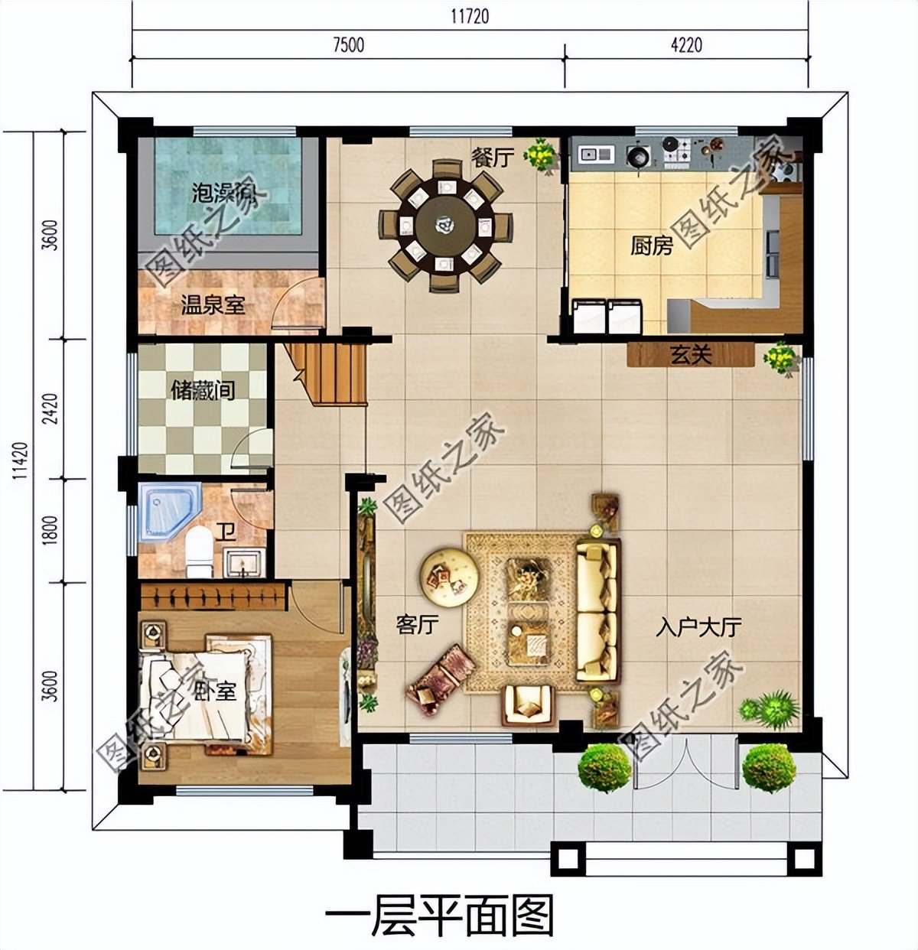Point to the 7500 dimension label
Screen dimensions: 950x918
[348, 44]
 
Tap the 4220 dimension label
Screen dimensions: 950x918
[685, 44]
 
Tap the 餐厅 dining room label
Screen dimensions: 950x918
[491, 158]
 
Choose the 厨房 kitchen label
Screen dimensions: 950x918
[651, 246]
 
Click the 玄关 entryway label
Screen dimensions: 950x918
[691, 355]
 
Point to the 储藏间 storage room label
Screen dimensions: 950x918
[203, 392]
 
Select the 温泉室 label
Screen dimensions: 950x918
[213, 306]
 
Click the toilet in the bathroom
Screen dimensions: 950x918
[199, 551]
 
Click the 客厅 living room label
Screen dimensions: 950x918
[417, 625]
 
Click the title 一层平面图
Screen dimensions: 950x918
[439, 913]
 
